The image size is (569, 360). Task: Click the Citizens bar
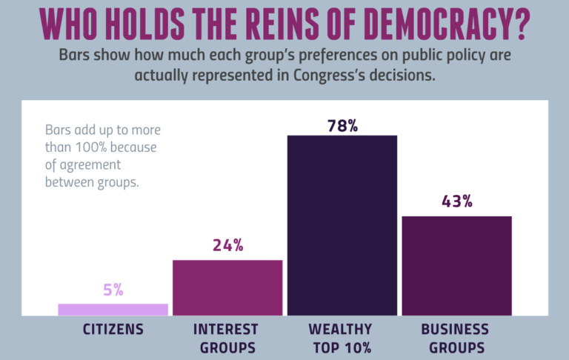coord(113,310)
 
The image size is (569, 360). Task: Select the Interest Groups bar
coord(227,287)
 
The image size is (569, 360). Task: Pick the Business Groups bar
coord(456,265)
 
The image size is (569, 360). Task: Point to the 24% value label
coord(227,246)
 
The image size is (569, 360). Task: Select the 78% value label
coord(342,125)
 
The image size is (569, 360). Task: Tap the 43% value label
coord(456,202)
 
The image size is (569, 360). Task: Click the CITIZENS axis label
coord(113,329)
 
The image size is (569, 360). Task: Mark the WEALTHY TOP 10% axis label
coord(342,338)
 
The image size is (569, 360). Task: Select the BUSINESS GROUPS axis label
coord(455,338)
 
